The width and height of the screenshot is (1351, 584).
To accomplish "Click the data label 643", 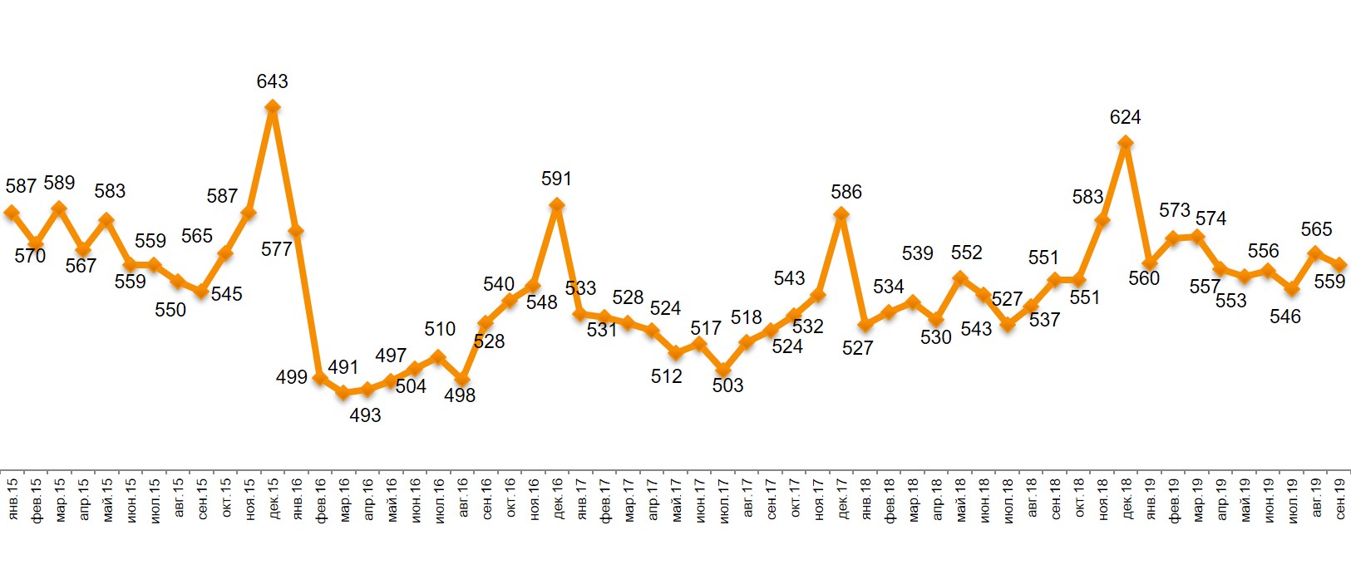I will tap(272, 81).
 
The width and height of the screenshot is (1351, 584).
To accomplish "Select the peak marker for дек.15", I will tap(272, 106).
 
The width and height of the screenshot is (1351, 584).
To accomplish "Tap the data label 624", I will tap(1125, 117).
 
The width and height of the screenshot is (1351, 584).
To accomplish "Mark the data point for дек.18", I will tap(1126, 143).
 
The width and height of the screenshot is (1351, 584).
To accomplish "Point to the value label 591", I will tap(556, 179).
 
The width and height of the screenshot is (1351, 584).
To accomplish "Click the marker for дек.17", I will tap(841, 214).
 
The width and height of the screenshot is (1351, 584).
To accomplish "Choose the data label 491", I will tap(343, 367).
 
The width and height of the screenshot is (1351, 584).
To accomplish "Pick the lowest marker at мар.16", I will tap(343, 392).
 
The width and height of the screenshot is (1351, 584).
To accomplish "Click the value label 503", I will tap(727, 385).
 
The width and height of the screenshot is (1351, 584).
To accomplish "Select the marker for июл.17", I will tap(723, 371).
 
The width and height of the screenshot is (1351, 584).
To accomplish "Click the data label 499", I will tap(291, 377).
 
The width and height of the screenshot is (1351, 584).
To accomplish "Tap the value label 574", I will tap(1210, 218).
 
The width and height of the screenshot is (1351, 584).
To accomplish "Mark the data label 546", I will tap(1284, 317).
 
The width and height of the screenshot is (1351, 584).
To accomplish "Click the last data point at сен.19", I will tap(1339, 265).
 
